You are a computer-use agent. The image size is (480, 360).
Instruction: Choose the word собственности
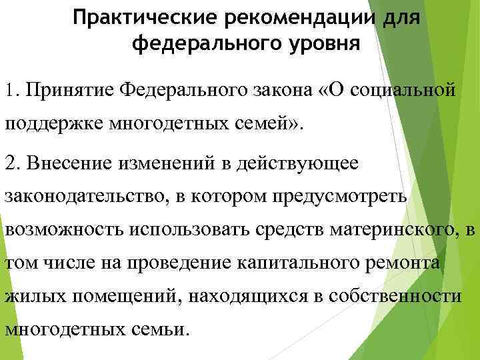point(400,295)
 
